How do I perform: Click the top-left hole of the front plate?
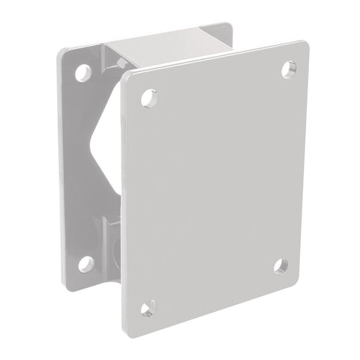click(148, 97)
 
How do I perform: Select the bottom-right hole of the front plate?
click(280, 265)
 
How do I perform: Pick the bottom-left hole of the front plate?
click(148, 307)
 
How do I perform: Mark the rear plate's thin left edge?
click(59, 165)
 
